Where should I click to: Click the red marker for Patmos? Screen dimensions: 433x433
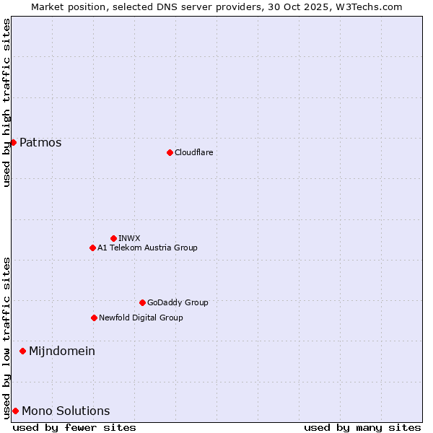pos(13,142)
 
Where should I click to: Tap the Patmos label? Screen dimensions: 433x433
pos(40,142)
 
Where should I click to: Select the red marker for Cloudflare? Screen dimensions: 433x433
pos(170,152)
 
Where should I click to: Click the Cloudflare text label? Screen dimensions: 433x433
pos(194,152)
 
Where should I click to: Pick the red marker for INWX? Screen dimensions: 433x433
pos(113,238)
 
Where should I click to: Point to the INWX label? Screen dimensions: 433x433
pos(130,238)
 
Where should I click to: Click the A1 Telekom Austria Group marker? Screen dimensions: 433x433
pos(92,248)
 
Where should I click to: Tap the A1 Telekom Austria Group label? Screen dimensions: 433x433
pos(147,248)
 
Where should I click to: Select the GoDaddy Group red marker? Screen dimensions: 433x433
pos(142,302)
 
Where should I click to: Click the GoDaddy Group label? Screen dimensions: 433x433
pos(178,302)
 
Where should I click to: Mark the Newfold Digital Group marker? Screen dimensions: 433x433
pos(94,318)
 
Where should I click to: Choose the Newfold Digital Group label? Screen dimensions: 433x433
pos(141,318)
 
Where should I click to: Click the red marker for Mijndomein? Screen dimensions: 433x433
pos(22,351)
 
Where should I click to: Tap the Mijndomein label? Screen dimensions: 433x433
pos(62,351)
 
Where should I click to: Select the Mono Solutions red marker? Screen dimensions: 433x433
pos(15,411)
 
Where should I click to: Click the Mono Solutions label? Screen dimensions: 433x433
pos(66,411)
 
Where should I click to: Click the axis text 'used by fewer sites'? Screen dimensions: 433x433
pos(74,427)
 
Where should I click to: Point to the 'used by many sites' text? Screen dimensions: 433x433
pos(362,427)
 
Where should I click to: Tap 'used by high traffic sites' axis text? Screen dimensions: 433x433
pos(6,102)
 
